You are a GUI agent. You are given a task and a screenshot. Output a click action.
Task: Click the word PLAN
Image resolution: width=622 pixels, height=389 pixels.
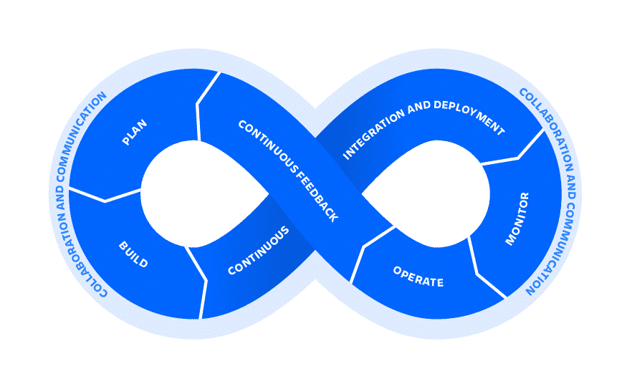tap(135, 133)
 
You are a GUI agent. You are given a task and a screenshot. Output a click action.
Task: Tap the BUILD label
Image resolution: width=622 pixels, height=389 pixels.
tap(133, 255)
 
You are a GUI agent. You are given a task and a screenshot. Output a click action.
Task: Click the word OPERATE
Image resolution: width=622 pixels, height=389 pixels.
tap(418, 277)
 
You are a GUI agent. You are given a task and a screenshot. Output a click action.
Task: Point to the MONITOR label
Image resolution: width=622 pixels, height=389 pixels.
tap(517, 218)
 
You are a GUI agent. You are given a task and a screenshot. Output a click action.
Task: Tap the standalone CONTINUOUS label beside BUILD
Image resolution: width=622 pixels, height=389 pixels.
tap(259, 251)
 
